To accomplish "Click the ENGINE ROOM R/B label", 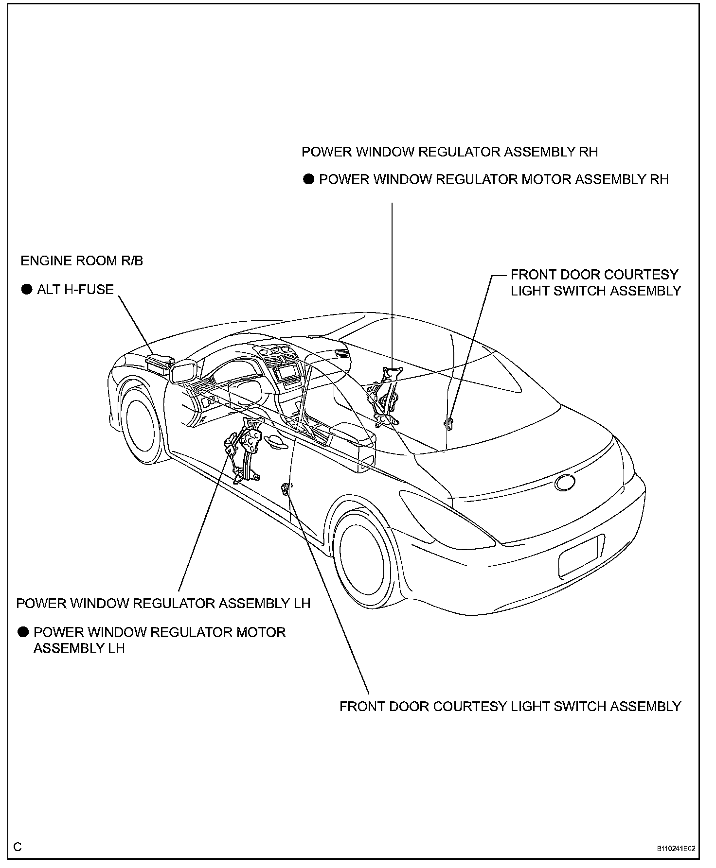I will [82, 261].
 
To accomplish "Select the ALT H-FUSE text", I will [75, 290].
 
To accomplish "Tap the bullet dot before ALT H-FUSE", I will [26, 290].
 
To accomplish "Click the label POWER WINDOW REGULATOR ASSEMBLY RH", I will [449, 152].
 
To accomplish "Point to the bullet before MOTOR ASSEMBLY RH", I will [308, 179].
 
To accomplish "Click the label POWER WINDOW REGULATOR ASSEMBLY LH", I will [163, 604].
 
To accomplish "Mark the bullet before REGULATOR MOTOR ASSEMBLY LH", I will [23, 632].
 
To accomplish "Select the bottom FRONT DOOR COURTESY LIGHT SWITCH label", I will [510, 706].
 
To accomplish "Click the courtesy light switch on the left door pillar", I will [286, 489].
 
